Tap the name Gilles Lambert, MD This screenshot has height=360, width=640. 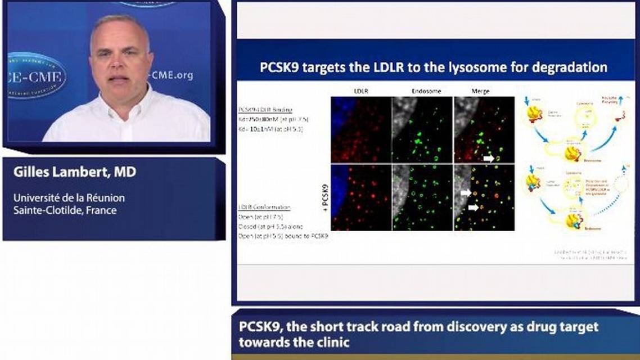[x=75, y=172]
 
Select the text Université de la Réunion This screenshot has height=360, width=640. [x=69, y=198]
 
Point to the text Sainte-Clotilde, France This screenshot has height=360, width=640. [x=65, y=210]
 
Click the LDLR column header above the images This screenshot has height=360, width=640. [x=361, y=91]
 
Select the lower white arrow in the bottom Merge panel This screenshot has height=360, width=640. [x=474, y=208]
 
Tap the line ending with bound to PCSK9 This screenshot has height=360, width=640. [x=283, y=236]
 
